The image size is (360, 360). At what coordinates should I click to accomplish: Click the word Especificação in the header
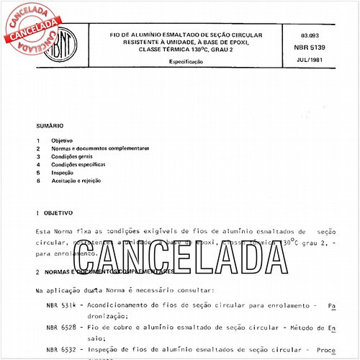186,63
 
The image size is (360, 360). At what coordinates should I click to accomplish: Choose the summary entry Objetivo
61,139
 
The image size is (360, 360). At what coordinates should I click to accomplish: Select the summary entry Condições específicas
78,164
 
